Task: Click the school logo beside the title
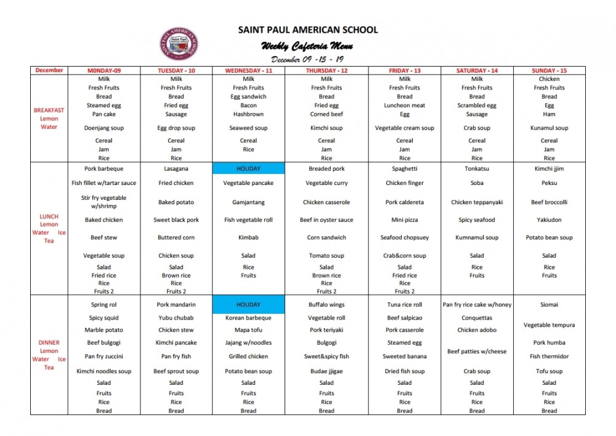point(179,44)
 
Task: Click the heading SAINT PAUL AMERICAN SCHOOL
point(308,30)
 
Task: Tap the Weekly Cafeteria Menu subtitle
point(307,46)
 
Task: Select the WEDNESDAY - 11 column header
point(248,70)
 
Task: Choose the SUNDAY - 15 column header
point(549,70)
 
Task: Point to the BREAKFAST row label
point(49,110)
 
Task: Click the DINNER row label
point(49,343)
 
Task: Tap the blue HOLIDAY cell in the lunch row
point(248,168)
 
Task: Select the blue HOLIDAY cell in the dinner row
point(248,305)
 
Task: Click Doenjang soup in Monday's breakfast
point(104,128)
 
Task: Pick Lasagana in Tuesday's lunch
point(176,168)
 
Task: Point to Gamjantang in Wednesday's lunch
point(248,202)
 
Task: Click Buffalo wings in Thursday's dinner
point(326,305)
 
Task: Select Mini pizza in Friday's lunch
point(405,220)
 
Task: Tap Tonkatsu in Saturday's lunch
point(477,168)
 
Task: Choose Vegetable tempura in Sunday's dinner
point(549,325)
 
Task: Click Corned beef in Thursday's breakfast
point(326,114)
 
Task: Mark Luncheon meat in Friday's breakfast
point(405,105)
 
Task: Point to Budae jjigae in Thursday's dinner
point(326,371)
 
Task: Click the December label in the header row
point(49,70)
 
